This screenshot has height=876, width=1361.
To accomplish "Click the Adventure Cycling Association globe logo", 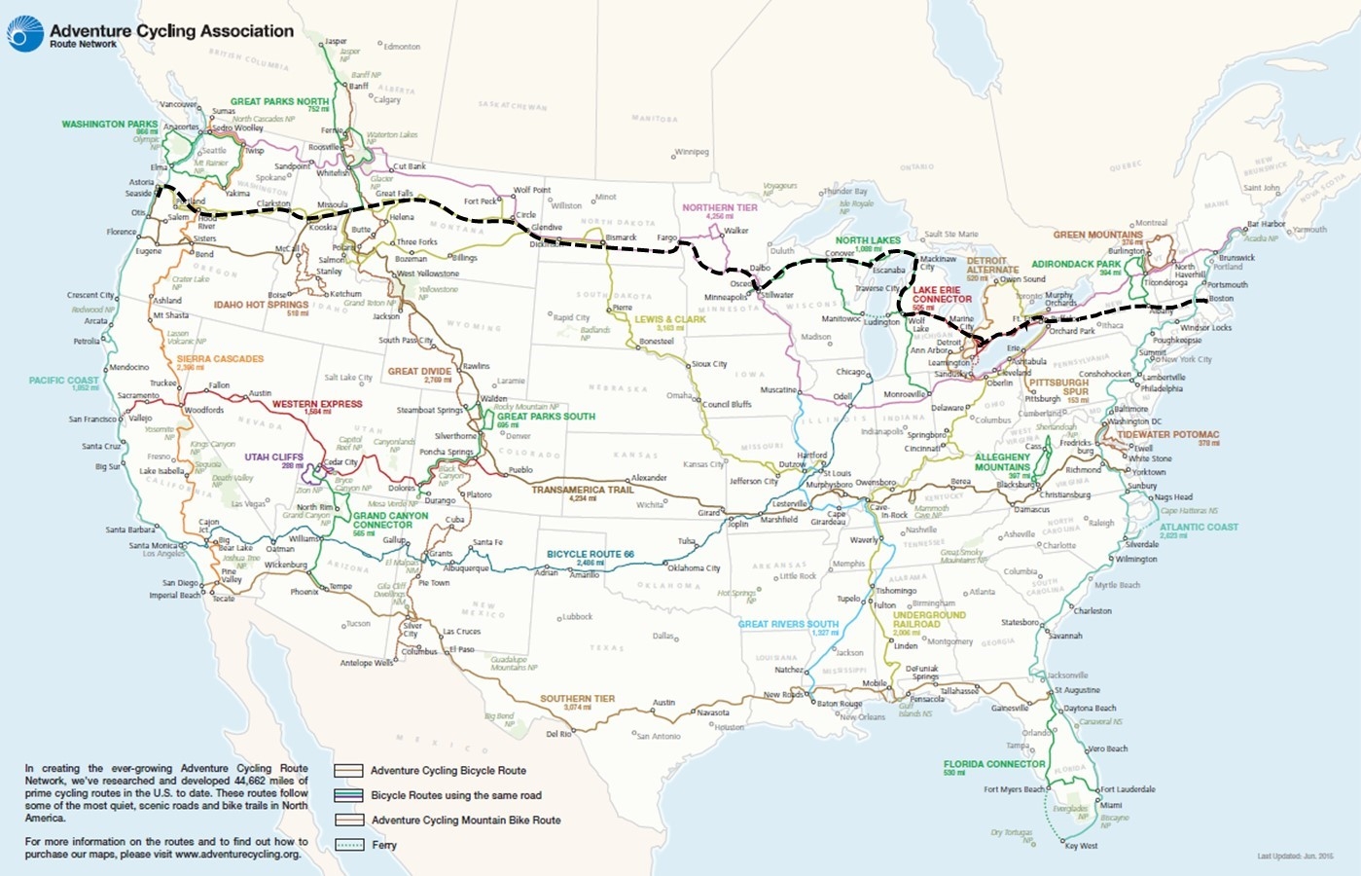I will tap(24, 34).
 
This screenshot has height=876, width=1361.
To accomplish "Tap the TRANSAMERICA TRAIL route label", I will tap(582, 491).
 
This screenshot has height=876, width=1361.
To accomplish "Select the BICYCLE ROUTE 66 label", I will tap(590, 554).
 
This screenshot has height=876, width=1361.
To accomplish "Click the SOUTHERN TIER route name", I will tap(577, 699).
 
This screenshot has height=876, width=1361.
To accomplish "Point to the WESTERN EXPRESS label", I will tap(316, 404).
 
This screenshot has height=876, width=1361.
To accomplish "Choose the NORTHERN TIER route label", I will tap(719, 207).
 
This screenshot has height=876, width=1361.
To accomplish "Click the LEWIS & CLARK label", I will tap(669, 319).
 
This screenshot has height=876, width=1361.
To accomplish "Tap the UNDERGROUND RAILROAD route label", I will tap(929, 619).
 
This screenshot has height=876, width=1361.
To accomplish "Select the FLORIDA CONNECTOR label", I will tap(993, 764).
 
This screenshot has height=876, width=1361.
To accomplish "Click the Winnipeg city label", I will tap(692, 153).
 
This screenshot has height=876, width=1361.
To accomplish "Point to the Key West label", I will tap(1081, 846).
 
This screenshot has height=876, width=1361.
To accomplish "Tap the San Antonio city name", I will tap(659, 736).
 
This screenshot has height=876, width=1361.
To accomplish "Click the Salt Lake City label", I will tap(348, 378).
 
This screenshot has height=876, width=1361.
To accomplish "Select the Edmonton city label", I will tap(402, 47).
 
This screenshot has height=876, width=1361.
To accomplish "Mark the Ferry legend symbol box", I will tap(348, 845).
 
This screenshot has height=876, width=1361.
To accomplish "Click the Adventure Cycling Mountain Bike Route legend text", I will tap(465, 821).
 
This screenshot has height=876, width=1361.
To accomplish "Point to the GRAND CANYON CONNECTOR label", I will tap(390, 520).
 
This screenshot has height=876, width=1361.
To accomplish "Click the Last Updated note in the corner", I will tap(1294, 857).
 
